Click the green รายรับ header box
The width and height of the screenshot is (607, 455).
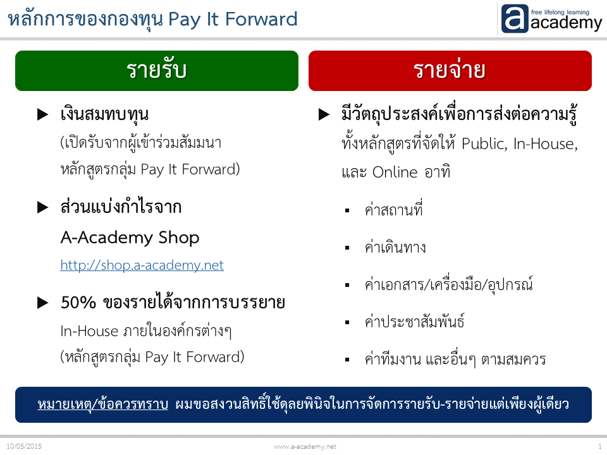[157, 71]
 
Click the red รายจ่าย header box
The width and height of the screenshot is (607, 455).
[450, 71]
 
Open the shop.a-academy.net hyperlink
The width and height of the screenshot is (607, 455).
[142, 265]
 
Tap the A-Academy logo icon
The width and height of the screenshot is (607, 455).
[515, 18]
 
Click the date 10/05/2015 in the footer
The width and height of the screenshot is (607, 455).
[24, 446]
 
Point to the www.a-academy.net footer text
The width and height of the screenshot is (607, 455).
[305, 447]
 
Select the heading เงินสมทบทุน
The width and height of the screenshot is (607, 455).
[104, 115]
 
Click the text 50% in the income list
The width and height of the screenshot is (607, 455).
[78, 303]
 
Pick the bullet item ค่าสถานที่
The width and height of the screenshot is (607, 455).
[394, 209]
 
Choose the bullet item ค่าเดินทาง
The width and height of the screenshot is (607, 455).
[395, 247]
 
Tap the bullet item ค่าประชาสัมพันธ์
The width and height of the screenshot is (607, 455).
[415, 322]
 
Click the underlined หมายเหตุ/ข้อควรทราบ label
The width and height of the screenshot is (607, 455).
[102, 404]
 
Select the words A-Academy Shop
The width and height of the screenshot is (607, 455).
[130, 238]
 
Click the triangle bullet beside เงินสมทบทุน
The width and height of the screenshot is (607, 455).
[42, 114]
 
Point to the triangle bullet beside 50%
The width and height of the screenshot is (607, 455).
[42, 303]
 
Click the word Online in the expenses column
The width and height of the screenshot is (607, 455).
[395, 172]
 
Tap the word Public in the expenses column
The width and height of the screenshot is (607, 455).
[484, 144]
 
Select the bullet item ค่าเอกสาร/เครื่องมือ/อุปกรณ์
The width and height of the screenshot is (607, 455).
[449, 284]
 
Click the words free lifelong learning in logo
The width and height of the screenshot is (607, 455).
[560, 12]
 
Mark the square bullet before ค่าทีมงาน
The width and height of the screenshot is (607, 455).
[347, 360]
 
